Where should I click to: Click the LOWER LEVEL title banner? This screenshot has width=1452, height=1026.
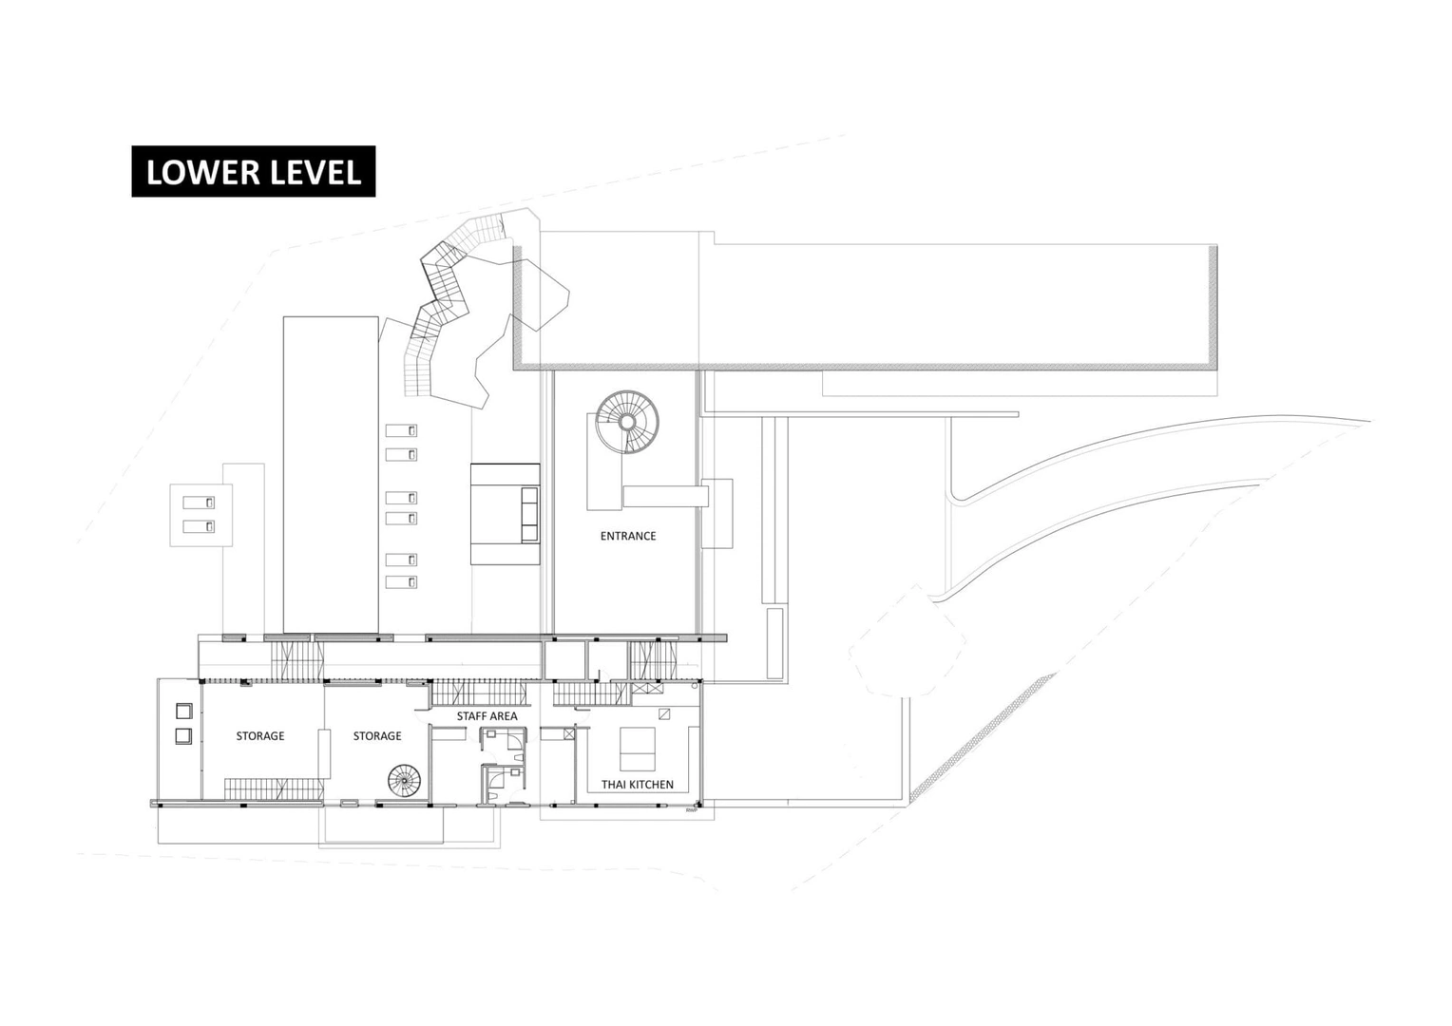[x=254, y=171]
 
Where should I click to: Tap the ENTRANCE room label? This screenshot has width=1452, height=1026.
[x=627, y=536]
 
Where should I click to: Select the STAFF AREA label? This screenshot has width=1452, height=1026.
[x=487, y=716]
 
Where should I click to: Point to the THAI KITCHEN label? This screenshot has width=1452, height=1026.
[x=638, y=785]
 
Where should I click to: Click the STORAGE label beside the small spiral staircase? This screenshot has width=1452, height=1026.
[x=377, y=735]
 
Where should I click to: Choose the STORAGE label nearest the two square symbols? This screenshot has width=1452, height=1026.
[x=260, y=735]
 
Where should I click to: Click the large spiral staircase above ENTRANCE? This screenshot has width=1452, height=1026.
[x=627, y=422]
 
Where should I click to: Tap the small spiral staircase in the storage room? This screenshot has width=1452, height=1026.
[x=404, y=780]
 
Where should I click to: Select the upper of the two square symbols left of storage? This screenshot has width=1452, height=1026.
[x=184, y=711]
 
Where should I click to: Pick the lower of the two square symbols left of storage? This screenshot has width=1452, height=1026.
[x=184, y=736]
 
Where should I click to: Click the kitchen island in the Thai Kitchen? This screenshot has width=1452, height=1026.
[x=638, y=750]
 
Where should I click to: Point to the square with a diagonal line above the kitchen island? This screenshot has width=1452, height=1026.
[x=664, y=714]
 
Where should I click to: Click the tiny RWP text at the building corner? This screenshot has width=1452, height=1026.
[x=691, y=809]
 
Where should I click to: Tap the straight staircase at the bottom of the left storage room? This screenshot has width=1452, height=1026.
[x=275, y=788]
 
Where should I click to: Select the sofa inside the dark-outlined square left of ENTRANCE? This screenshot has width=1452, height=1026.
[x=529, y=515]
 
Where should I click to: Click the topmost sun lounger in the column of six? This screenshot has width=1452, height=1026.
[x=401, y=430]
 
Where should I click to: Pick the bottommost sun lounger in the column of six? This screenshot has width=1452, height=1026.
[x=401, y=582]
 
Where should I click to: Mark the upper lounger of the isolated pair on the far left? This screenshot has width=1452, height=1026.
[x=199, y=503]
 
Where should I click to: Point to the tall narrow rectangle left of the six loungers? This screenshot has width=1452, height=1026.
[x=331, y=475]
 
